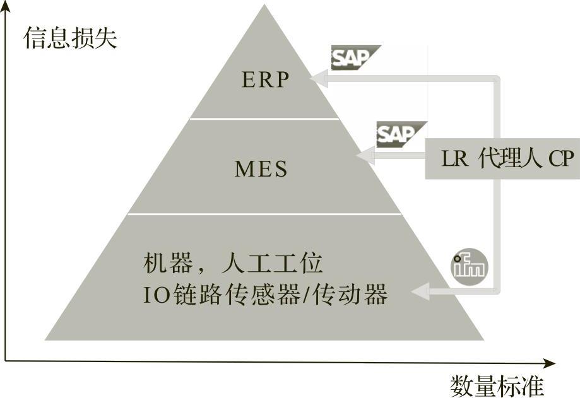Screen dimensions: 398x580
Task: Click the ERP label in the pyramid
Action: pyautogui.click(x=265, y=79)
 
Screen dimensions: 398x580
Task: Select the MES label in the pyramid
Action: pyautogui.click(x=261, y=169)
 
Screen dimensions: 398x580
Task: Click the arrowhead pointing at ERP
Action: pyautogui.click(x=318, y=79)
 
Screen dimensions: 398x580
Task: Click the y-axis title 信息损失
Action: pyautogui.click(x=71, y=38)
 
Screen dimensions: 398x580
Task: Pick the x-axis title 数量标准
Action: pyautogui.click(x=497, y=384)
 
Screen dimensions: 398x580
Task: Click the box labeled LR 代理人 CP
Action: pyautogui.click(x=502, y=158)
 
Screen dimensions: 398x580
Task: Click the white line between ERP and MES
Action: pyautogui.click(x=264, y=118)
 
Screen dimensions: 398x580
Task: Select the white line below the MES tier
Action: pyautogui.click(x=264, y=214)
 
